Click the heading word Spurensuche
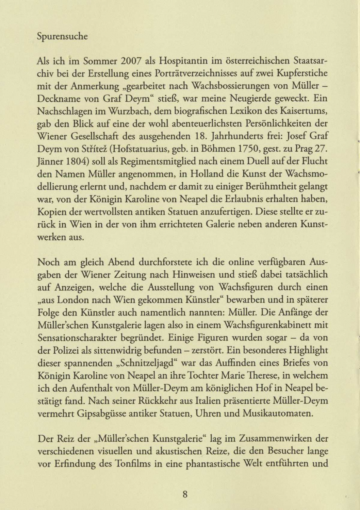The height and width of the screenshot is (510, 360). click(62, 37)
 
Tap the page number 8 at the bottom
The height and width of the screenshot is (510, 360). click(185, 494)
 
